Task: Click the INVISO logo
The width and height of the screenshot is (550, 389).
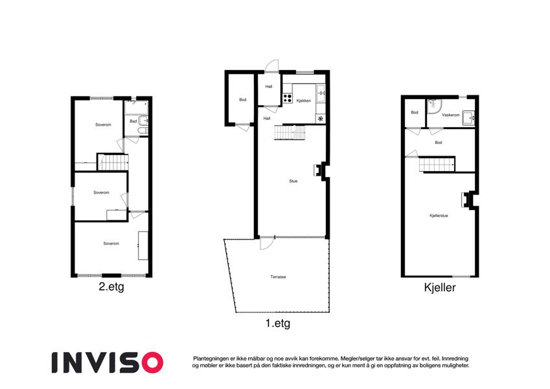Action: point(108,362)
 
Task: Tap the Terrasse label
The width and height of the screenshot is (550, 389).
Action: point(278,277)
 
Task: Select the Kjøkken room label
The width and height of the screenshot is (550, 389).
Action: point(303,100)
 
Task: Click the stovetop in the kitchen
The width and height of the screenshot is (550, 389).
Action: point(288,98)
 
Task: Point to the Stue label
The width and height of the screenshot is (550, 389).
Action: point(293,181)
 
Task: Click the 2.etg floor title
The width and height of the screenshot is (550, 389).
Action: point(111,287)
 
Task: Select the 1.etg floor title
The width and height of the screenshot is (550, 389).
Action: point(278,323)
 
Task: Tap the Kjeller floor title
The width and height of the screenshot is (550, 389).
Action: point(440,288)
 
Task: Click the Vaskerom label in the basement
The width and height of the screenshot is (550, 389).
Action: point(451,115)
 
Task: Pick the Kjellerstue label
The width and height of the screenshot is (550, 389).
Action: point(439,215)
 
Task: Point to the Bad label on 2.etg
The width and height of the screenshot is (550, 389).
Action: point(133,121)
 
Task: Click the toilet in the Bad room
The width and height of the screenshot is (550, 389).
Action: point(143,131)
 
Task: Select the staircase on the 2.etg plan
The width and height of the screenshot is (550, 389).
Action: point(113,163)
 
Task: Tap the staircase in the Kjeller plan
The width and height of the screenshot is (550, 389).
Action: point(437,164)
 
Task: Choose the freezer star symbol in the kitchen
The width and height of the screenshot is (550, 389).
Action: point(320,119)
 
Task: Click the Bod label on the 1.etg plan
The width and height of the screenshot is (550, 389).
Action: point(243,100)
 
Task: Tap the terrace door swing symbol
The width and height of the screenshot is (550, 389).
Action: point(266,244)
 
